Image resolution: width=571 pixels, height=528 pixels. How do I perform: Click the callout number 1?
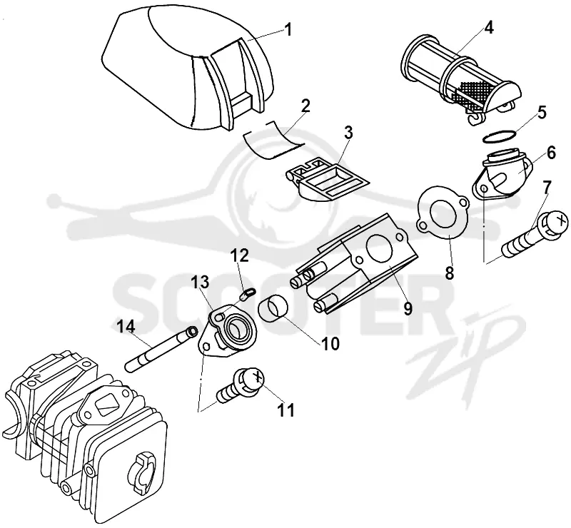pyautogui.click(x=288, y=30)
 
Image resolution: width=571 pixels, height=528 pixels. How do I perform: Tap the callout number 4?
pyautogui.click(x=489, y=27)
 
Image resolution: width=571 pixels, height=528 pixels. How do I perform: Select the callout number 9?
pyautogui.click(x=408, y=308)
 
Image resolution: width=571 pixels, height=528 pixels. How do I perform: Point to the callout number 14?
pyautogui.click(x=126, y=326)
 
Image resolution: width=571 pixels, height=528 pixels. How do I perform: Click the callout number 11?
pyautogui.click(x=285, y=410)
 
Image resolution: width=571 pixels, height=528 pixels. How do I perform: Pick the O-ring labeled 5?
pyautogui.click(x=500, y=136)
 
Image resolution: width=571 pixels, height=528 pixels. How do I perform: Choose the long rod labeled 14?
pyautogui.click(x=161, y=348)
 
